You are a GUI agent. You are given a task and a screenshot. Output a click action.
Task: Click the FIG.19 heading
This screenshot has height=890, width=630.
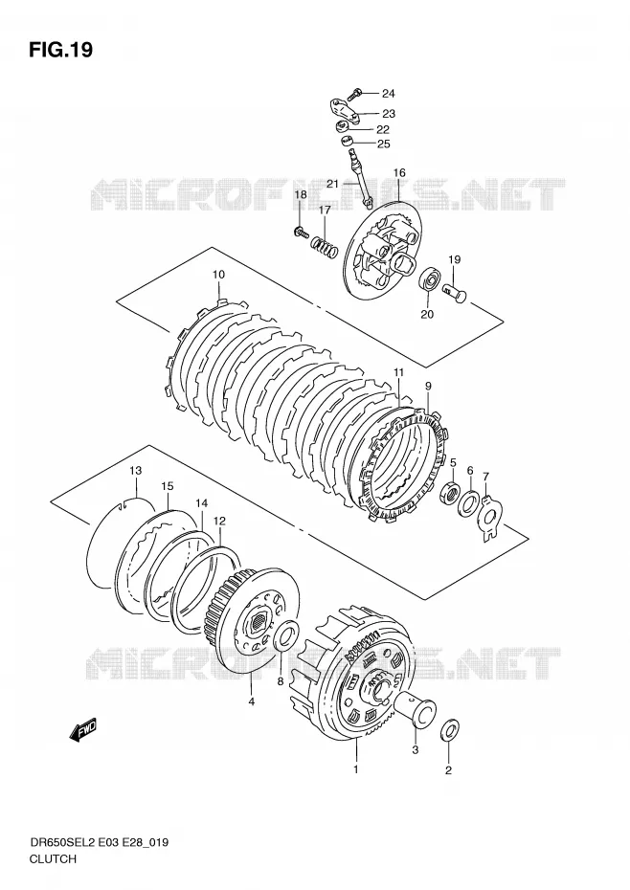[60, 50]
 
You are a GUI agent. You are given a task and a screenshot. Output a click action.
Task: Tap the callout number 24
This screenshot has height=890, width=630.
[388, 94]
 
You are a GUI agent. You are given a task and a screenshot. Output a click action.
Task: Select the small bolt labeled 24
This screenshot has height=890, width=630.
[356, 92]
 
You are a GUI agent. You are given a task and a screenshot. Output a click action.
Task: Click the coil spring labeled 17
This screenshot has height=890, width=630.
[325, 246]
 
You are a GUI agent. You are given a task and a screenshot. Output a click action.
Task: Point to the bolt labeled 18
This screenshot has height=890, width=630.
[300, 231]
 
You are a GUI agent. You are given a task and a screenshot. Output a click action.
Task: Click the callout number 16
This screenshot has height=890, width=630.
[399, 172]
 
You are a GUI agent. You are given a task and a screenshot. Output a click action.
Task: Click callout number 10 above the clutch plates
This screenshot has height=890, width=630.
[218, 275]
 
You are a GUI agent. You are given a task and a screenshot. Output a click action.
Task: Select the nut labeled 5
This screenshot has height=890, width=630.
[449, 491]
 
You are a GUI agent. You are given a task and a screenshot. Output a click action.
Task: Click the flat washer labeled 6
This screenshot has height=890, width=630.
[469, 503]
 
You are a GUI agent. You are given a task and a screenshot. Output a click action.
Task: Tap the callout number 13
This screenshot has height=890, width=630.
[135, 471]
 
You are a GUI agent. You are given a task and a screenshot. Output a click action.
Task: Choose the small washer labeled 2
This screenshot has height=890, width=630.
[450, 730]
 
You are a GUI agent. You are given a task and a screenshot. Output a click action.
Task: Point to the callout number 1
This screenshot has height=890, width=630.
[355, 769]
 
